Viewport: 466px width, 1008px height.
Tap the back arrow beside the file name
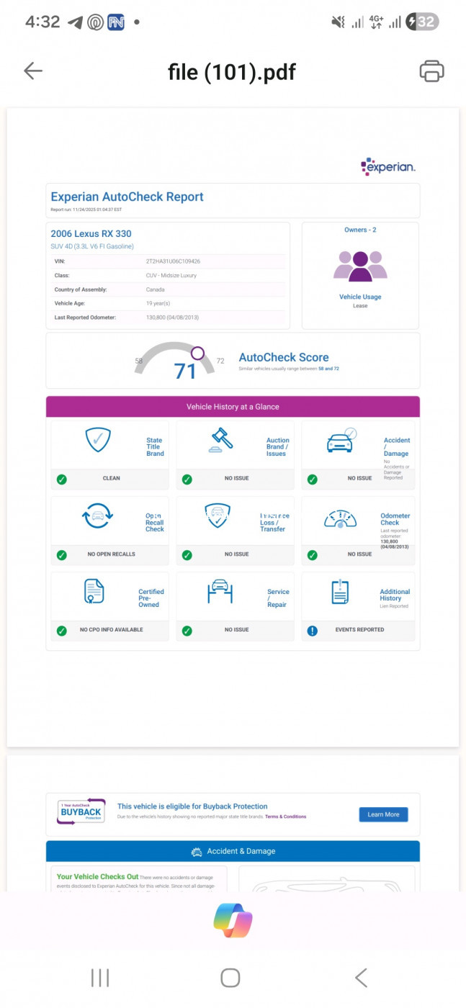click(33, 71)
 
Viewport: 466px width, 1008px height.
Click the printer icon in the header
click(431, 71)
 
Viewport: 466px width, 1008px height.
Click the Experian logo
click(388, 167)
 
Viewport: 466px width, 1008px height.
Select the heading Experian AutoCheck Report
click(127, 197)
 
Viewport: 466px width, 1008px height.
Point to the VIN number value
click(173, 261)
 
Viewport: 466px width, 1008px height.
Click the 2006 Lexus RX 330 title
click(91, 233)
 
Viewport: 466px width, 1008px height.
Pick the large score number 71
click(185, 372)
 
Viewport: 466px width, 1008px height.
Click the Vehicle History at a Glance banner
click(233, 407)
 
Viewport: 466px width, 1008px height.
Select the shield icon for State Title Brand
click(98, 439)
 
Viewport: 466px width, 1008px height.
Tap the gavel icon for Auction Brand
click(221, 439)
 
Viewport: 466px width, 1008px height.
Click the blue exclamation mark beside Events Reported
click(312, 630)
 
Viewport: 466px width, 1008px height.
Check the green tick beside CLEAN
click(62, 479)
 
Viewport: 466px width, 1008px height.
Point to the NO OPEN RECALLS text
click(111, 554)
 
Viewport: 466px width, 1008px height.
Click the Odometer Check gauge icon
click(340, 518)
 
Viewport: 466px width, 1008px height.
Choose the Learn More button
click(383, 814)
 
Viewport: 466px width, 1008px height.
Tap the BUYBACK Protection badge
click(81, 811)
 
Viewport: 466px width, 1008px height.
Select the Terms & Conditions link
click(285, 816)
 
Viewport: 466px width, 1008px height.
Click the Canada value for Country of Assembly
click(155, 289)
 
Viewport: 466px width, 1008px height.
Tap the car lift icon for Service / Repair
click(220, 591)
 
